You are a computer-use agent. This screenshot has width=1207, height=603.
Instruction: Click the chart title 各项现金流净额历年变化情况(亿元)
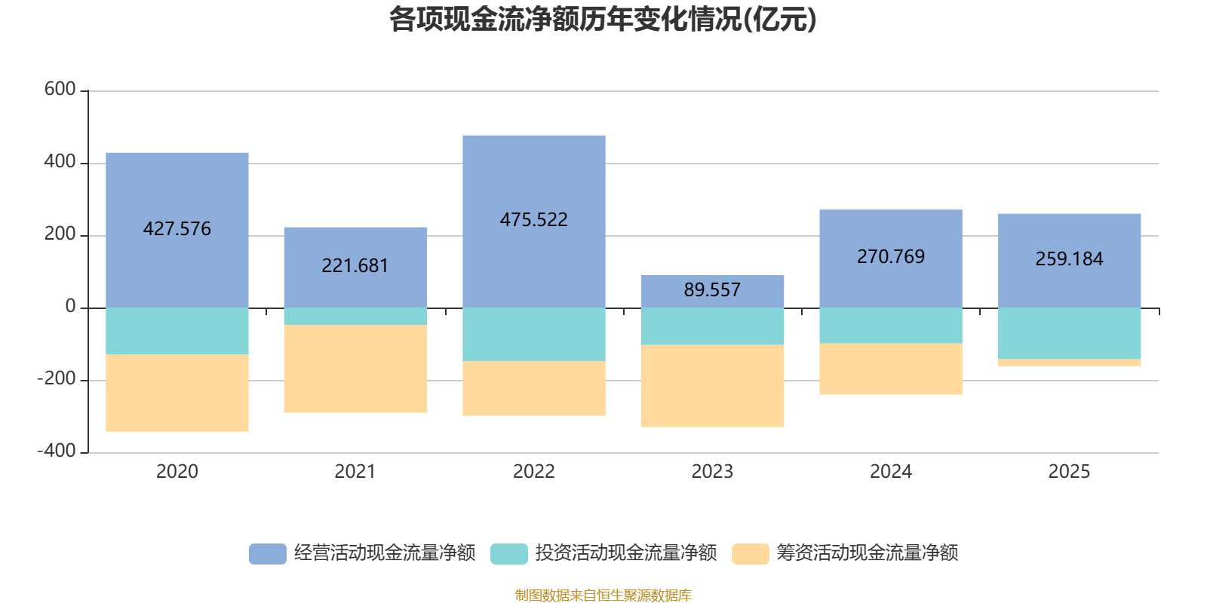(603, 20)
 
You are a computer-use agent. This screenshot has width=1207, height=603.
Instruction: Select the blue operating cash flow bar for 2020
(177, 231)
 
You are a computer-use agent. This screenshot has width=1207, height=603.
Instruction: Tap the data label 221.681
(355, 265)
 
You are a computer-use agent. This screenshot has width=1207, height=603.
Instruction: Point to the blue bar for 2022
(534, 222)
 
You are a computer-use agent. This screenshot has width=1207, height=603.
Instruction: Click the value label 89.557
(712, 289)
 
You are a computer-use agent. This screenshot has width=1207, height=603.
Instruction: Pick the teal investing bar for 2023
(712, 326)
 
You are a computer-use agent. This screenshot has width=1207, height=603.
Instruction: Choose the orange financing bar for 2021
(355, 369)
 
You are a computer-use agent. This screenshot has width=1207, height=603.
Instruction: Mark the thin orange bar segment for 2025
(1069, 363)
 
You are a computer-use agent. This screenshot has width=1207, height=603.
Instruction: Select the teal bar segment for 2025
(1069, 333)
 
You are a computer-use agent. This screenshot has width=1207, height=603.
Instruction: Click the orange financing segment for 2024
(891, 369)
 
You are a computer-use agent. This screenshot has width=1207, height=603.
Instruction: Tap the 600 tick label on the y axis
(60, 89)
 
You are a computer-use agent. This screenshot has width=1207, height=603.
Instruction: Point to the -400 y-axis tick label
(57, 451)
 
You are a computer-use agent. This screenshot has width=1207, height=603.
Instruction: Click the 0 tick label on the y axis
(71, 306)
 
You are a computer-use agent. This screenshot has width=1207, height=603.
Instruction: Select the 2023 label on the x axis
(712, 472)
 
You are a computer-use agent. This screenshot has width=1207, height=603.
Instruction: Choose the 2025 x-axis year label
(1069, 472)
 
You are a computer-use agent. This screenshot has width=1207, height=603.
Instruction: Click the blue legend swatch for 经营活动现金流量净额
(267, 554)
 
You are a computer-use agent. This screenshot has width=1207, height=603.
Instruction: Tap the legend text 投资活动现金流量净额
(626, 553)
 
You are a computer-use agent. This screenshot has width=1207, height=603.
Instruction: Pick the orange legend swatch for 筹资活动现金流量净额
(750, 554)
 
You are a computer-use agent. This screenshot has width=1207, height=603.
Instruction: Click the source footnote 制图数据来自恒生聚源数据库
(603, 595)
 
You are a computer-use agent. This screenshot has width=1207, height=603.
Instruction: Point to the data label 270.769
(891, 256)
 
